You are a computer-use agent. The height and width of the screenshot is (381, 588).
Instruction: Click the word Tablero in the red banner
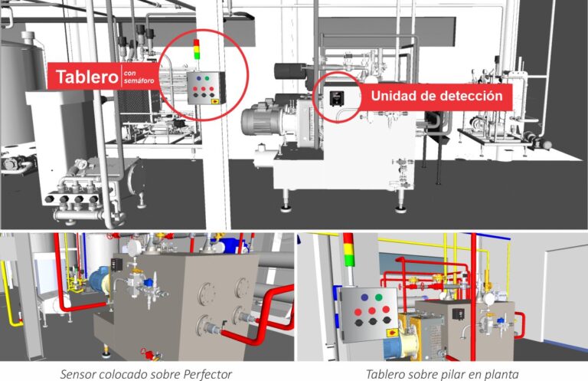pos(87,77)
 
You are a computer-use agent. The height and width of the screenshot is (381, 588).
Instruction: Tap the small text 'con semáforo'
pos(139,77)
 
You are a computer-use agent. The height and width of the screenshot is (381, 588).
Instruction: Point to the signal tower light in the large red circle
pos(197,49)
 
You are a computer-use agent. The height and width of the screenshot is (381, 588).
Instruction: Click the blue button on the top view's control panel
pos(198,78)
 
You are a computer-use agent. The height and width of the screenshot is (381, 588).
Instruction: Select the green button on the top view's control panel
pos(207,78)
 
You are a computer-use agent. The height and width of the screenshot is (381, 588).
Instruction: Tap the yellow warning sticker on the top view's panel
pos(215,101)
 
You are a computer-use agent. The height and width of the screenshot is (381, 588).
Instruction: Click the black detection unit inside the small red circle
pos(337,99)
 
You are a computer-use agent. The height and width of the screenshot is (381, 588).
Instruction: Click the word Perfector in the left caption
pos(207,374)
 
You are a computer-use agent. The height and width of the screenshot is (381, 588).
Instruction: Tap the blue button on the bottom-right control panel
pos(364,297)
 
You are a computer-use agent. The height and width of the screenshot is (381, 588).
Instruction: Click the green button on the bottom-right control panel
pos(379,297)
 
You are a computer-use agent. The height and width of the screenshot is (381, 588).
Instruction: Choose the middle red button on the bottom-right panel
pos(371,310)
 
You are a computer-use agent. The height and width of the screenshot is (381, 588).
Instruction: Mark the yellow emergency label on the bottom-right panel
pos(392,333)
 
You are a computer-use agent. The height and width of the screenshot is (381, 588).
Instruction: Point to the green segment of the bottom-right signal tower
pos(349,259)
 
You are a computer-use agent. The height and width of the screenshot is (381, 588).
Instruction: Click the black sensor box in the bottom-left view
pos(116,264)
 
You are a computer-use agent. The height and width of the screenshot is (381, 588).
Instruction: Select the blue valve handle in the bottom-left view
pos(149,281)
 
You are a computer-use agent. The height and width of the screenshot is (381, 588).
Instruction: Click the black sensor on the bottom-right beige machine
pos(459,314)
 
